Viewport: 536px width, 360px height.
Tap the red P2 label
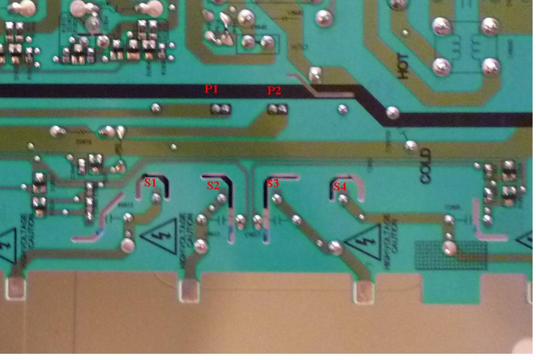[x=274, y=90]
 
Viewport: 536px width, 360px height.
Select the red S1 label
[x=150, y=182]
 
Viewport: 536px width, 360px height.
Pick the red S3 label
[x=273, y=183]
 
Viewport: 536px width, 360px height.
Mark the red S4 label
[x=340, y=186]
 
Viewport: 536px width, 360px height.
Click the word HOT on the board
[x=403, y=67]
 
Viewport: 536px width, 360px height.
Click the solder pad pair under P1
[x=221, y=108]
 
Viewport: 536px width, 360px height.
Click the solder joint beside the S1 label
[x=154, y=198]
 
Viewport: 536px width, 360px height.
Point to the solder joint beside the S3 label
[x=277, y=199]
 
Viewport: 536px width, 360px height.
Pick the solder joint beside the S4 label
[x=343, y=199]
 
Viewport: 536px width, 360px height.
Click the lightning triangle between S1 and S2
[x=158, y=237]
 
